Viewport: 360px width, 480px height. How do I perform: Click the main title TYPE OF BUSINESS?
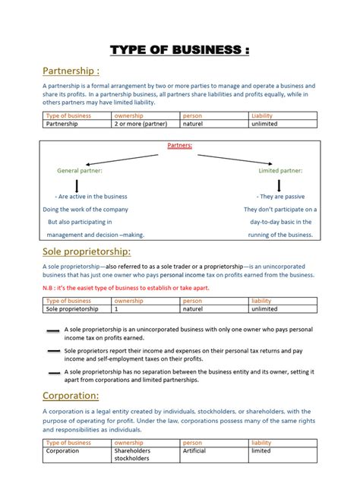coord(179,51)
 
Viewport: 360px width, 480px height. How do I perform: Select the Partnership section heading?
coord(71,71)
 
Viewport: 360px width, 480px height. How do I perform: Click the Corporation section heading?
coord(71,396)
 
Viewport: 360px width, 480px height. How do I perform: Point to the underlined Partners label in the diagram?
coord(179,145)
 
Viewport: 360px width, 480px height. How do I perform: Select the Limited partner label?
coord(279,171)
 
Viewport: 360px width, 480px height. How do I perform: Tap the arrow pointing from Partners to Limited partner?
coord(235,159)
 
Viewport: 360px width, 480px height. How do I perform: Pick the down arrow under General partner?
coord(77,185)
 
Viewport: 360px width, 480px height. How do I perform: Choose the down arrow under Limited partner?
coord(279,185)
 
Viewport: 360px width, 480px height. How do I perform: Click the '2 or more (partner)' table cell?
coord(141,123)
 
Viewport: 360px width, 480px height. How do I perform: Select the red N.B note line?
coord(125,288)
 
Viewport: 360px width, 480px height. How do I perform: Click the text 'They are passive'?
coord(283,196)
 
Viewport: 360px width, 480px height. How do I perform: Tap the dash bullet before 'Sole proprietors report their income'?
coord(53,352)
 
